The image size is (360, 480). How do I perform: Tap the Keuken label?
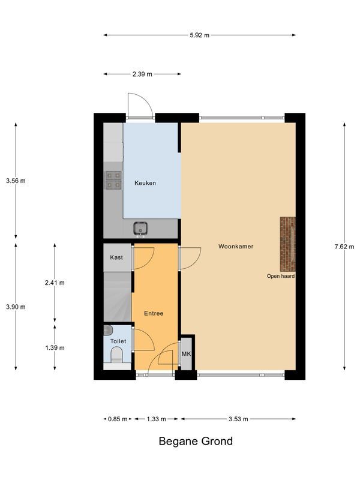[x=145, y=183]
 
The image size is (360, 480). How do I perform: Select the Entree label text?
[x=154, y=313]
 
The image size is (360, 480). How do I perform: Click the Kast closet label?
[x=116, y=257]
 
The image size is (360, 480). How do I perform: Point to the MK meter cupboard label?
[x=186, y=354]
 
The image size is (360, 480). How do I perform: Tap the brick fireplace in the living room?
[x=288, y=244]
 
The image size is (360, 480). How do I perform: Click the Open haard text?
[x=281, y=276]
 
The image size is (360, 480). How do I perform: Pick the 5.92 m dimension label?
[x=199, y=35]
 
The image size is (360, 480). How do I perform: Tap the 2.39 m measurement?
[x=142, y=74]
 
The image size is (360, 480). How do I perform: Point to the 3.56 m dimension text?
[x=16, y=181]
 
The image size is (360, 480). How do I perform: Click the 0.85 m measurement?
[x=118, y=419]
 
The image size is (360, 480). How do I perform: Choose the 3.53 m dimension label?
[x=238, y=419]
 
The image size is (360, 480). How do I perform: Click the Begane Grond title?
[x=196, y=442]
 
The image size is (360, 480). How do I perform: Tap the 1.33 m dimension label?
[x=156, y=419]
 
